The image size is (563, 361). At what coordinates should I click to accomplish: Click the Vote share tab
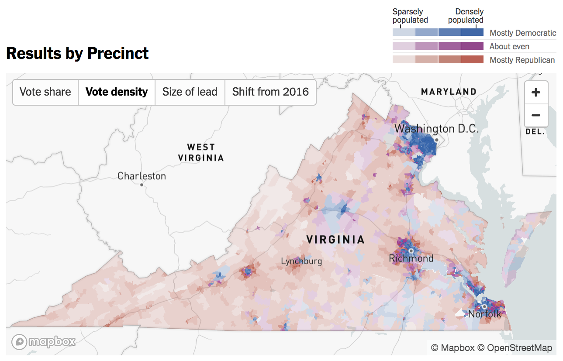coord(45,92)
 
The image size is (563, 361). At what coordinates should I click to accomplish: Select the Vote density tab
coord(117,92)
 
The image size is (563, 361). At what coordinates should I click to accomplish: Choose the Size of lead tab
coord(190,92)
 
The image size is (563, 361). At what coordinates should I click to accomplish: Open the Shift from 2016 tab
coord(270,92)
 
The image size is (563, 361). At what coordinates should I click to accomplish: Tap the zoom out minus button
coord(536,116)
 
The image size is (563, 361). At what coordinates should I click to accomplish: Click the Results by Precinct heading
coord(77,53)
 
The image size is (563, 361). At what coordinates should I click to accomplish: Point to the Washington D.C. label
coord(436,129)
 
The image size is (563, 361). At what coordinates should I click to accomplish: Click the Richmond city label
coord(411,258)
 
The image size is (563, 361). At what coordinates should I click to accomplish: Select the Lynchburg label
coord(301,261)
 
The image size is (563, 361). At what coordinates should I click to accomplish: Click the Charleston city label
coord(142,176)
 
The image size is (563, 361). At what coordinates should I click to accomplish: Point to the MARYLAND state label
coord(449,92)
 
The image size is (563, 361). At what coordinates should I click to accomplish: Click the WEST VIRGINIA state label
coord(201,152)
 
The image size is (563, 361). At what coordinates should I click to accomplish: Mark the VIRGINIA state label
coord(335,239)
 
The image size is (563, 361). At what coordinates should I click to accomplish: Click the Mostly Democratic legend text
coord(522,33)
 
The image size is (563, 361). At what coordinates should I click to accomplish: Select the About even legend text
coord(509,46)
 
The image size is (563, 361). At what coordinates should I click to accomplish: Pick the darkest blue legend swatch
coord(472,32)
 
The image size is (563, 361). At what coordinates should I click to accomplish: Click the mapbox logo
coord(43,341)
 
